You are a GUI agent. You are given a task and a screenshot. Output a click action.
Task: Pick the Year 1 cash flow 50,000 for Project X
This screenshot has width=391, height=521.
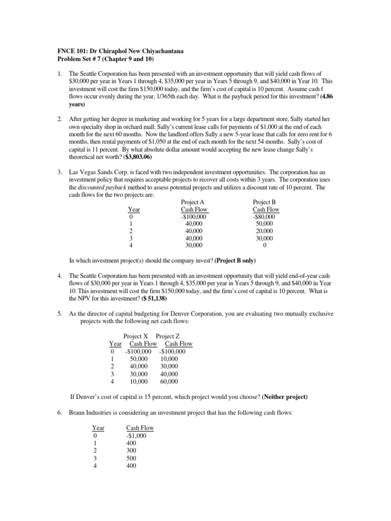pos(139,359)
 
